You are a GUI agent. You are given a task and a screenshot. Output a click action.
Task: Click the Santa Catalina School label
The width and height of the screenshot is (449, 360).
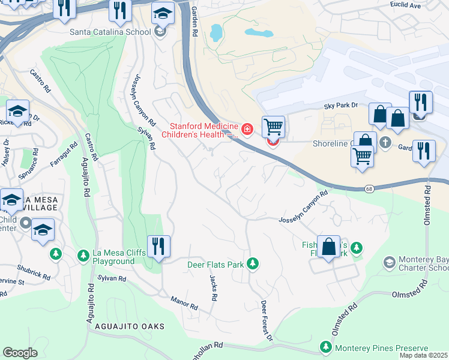(110, 32)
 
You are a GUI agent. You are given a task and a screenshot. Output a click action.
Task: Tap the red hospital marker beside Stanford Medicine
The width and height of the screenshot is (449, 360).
(246, 129)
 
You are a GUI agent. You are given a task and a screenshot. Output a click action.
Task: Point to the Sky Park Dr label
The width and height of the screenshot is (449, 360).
(340, 105)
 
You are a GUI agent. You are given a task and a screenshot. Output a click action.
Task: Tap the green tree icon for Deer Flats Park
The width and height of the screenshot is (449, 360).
(253, 263)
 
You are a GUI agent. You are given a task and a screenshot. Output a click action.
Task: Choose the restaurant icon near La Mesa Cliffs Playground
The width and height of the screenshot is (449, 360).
(158, 246)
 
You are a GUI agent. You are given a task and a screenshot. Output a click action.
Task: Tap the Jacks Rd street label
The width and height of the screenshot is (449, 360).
(213, 288)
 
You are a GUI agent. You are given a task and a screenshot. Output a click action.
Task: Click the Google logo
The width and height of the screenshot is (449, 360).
(20, 352)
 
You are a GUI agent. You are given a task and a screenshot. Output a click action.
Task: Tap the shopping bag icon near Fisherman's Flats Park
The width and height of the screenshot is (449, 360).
(328, 247)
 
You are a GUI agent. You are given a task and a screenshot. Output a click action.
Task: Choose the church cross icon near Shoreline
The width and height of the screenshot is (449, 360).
(385, 143)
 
